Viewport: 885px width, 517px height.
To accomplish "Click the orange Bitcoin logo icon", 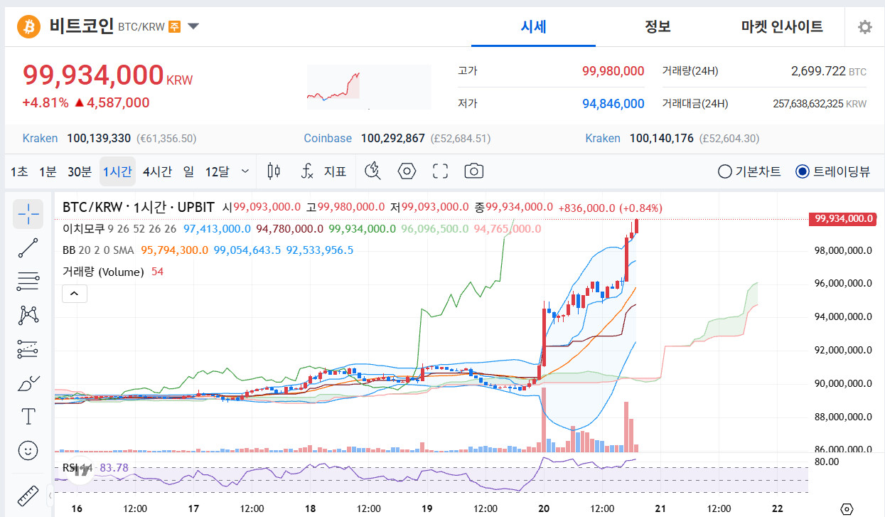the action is (x=29, y=26).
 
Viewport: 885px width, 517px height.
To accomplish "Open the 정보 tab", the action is (x=658, y=26).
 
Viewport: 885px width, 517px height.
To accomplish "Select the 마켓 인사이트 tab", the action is (x=782, y=26).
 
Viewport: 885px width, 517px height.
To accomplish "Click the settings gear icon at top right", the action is (x=865, y=27).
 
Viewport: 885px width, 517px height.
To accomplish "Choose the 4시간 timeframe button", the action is (x=157, y=171).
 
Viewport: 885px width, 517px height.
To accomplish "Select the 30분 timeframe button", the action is (x=80, y=171).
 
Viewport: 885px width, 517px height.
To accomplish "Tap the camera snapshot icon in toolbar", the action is (x=473, y=171).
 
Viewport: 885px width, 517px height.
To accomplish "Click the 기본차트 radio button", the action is (x=724, y=171).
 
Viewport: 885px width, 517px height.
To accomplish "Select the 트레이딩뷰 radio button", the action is (x=803, y=171).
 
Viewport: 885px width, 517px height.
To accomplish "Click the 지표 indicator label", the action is (x=335, y=171).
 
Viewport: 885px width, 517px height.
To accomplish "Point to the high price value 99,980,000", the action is (x=613, y=71).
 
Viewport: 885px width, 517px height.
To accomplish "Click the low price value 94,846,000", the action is (x=613, y=104).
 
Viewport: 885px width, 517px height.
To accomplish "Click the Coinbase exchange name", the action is (x=328, y=139).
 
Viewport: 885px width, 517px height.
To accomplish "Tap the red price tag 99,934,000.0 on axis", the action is (x=843, y=218).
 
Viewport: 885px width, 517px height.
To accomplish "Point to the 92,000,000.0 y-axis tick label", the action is (x=843, y=350).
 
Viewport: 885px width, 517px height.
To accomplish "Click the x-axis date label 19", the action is (x=427, y=508).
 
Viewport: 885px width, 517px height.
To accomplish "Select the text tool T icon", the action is (x=28, y=416).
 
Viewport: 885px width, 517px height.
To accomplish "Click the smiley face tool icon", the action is (x=28, y=451).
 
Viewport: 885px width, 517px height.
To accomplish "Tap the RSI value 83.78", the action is (x=114, y=468).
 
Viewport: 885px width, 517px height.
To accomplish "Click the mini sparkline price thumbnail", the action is (x=369, y=87).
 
